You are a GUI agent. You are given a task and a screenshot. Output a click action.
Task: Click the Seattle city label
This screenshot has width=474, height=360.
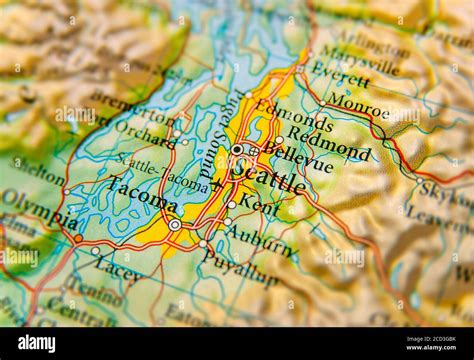[268, 181]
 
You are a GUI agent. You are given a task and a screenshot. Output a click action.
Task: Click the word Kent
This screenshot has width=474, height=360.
[259, 207]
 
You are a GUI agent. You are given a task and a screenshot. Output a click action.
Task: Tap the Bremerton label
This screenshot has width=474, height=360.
[117, 105]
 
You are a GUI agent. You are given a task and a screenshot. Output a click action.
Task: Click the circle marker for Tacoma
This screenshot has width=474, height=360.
[175, 225]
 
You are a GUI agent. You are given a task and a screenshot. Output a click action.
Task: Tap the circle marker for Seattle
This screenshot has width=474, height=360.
[237, 149]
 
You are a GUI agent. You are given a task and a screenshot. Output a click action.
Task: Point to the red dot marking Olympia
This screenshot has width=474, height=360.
[78, 238]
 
